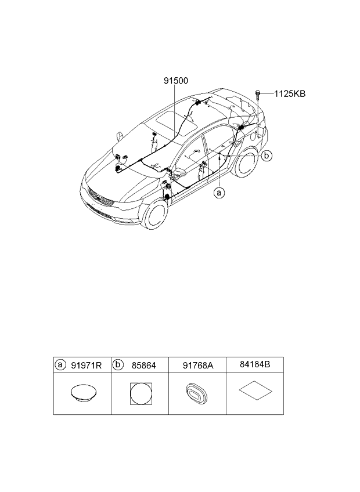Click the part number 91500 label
(x=176, y=81)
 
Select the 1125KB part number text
(x=290, y=93)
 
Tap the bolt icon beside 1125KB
(x=258, y=95)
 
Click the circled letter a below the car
(x=219, y=193)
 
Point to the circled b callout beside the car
(x=267, y=155)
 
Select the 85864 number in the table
(x=144, y=366)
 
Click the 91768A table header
(x=198, y=366)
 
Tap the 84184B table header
(x=255, y=364)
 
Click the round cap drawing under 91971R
(x=83, y=393)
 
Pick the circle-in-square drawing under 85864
(x=141, y=393)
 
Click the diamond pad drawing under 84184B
(x=255, y=390)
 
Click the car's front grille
(x=100, y=198)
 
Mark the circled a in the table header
(x=60, y=364)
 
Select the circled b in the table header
(x=117, y=364)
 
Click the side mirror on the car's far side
(x=120, y=136)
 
